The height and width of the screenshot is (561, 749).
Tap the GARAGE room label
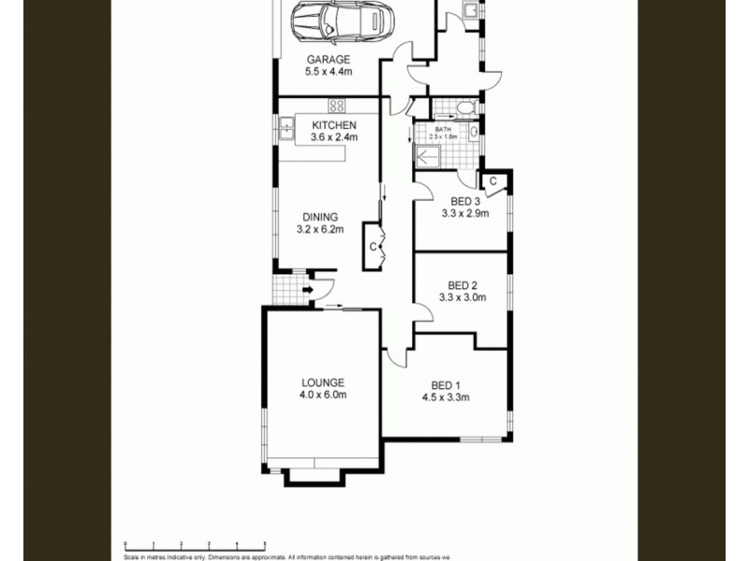(x=329, y=60)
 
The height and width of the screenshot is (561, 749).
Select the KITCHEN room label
(x=333, y=125)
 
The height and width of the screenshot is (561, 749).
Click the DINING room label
(x=320, y=217)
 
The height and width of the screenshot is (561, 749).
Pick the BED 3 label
(x=465, y=201)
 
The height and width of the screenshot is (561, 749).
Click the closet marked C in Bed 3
(x=492, y=180)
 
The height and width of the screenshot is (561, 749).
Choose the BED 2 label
(x=463, y=286)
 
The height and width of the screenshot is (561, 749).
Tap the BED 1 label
(x=446, y=385)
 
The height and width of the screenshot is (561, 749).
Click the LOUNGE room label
(x=323, y=382)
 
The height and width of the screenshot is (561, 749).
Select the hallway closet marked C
(x=372, y=246)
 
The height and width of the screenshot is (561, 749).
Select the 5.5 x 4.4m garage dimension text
(x=329, y=71)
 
